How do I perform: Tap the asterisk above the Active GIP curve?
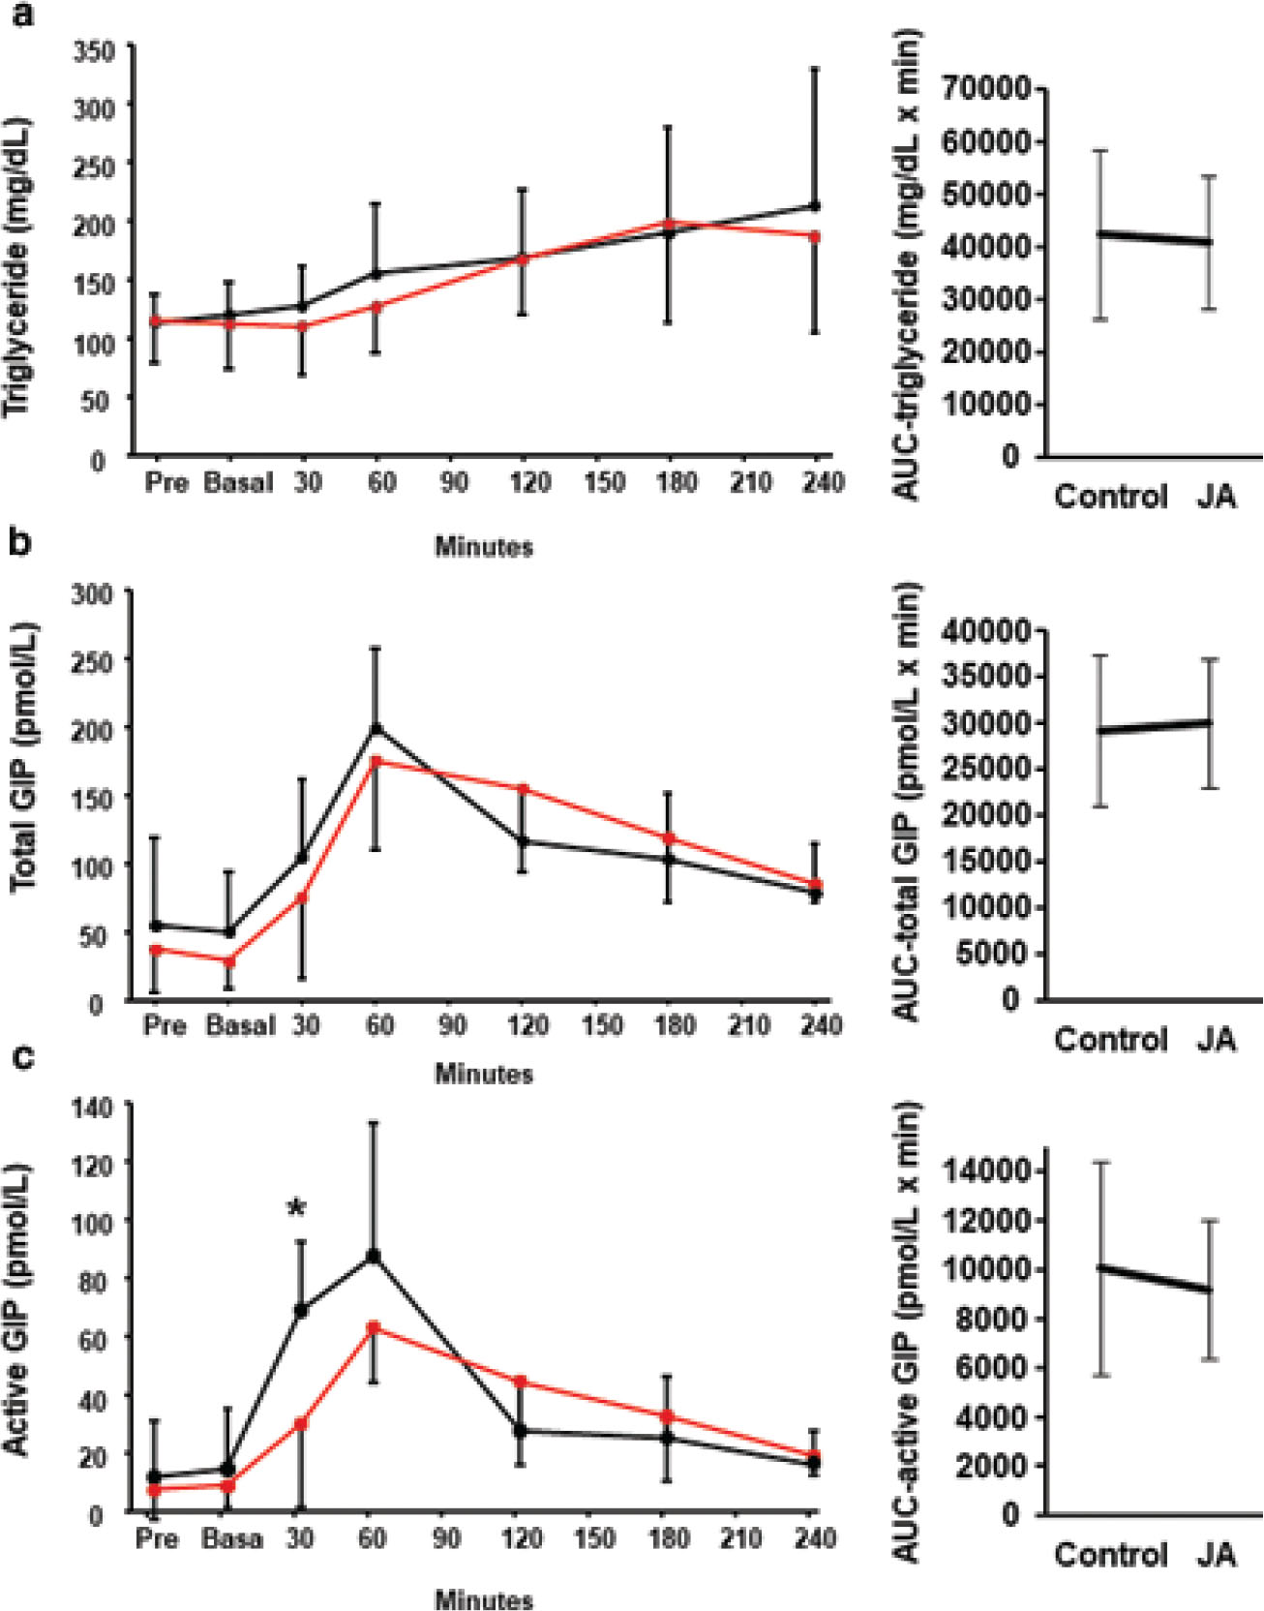pos(297,1208)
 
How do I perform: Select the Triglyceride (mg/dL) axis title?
pos(19,268)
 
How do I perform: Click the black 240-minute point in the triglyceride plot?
pos(815,205)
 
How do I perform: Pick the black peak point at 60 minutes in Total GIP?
pos(377,727)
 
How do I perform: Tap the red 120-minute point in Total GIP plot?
pos(523,788)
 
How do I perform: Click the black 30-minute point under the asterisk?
pos(301,1310)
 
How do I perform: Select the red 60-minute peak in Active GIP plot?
pos(374,1326)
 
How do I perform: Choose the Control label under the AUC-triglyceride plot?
pos(1111,497)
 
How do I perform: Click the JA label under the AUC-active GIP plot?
pos(1217,1554)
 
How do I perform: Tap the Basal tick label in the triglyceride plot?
pos(238,482)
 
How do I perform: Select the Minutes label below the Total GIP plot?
pos(484,1074)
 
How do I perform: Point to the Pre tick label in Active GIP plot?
pos(157,1538)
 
